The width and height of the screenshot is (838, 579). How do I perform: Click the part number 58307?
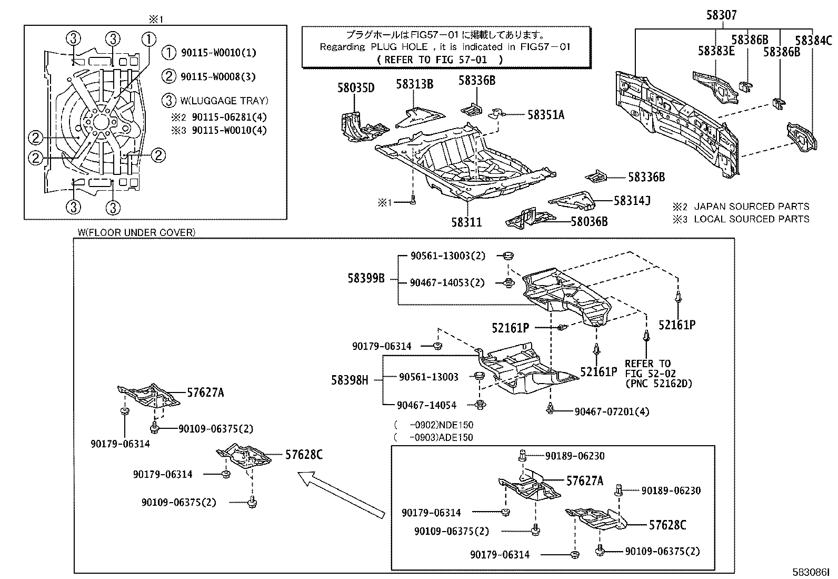pyautogui.click(x=721, y=16)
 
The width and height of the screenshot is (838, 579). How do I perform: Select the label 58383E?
pyautogui.click(x=716, y=51)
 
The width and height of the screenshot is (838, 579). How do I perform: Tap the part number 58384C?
pyautogui.click(x=813, y=40)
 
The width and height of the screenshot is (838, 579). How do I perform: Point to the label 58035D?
pyautogui.click(x=356, y=87)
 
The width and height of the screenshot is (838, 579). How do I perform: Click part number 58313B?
pyautogui.click(x=415, y=84)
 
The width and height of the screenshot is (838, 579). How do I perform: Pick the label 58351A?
pyautogui.click(x=546, y=115)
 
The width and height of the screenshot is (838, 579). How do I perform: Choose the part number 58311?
pyautogui.click(x=466, y=222)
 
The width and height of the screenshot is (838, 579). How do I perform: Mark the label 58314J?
pyautogui.click(x=632, y=200)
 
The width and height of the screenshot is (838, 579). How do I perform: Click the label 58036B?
pyautogui.click(x=589, y=222)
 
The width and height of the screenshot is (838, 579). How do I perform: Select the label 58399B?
pyautogui.click(x=366, y=278)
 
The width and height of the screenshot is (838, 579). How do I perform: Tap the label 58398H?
pyautogui.click(x=350, y=379)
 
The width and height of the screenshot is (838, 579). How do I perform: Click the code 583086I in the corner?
pyautogui.click(x=811, y=572)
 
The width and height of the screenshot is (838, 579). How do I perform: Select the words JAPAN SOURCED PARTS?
pyautogui.click(x=752, y=207)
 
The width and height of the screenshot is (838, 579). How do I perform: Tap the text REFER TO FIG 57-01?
pyautogui.click(x=440, y=60)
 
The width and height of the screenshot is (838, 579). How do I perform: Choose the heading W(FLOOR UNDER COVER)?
pyautogui.click(x=136, y=232)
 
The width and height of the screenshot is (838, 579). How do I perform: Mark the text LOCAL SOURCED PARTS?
pyautogui.click(x=752, y=219)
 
